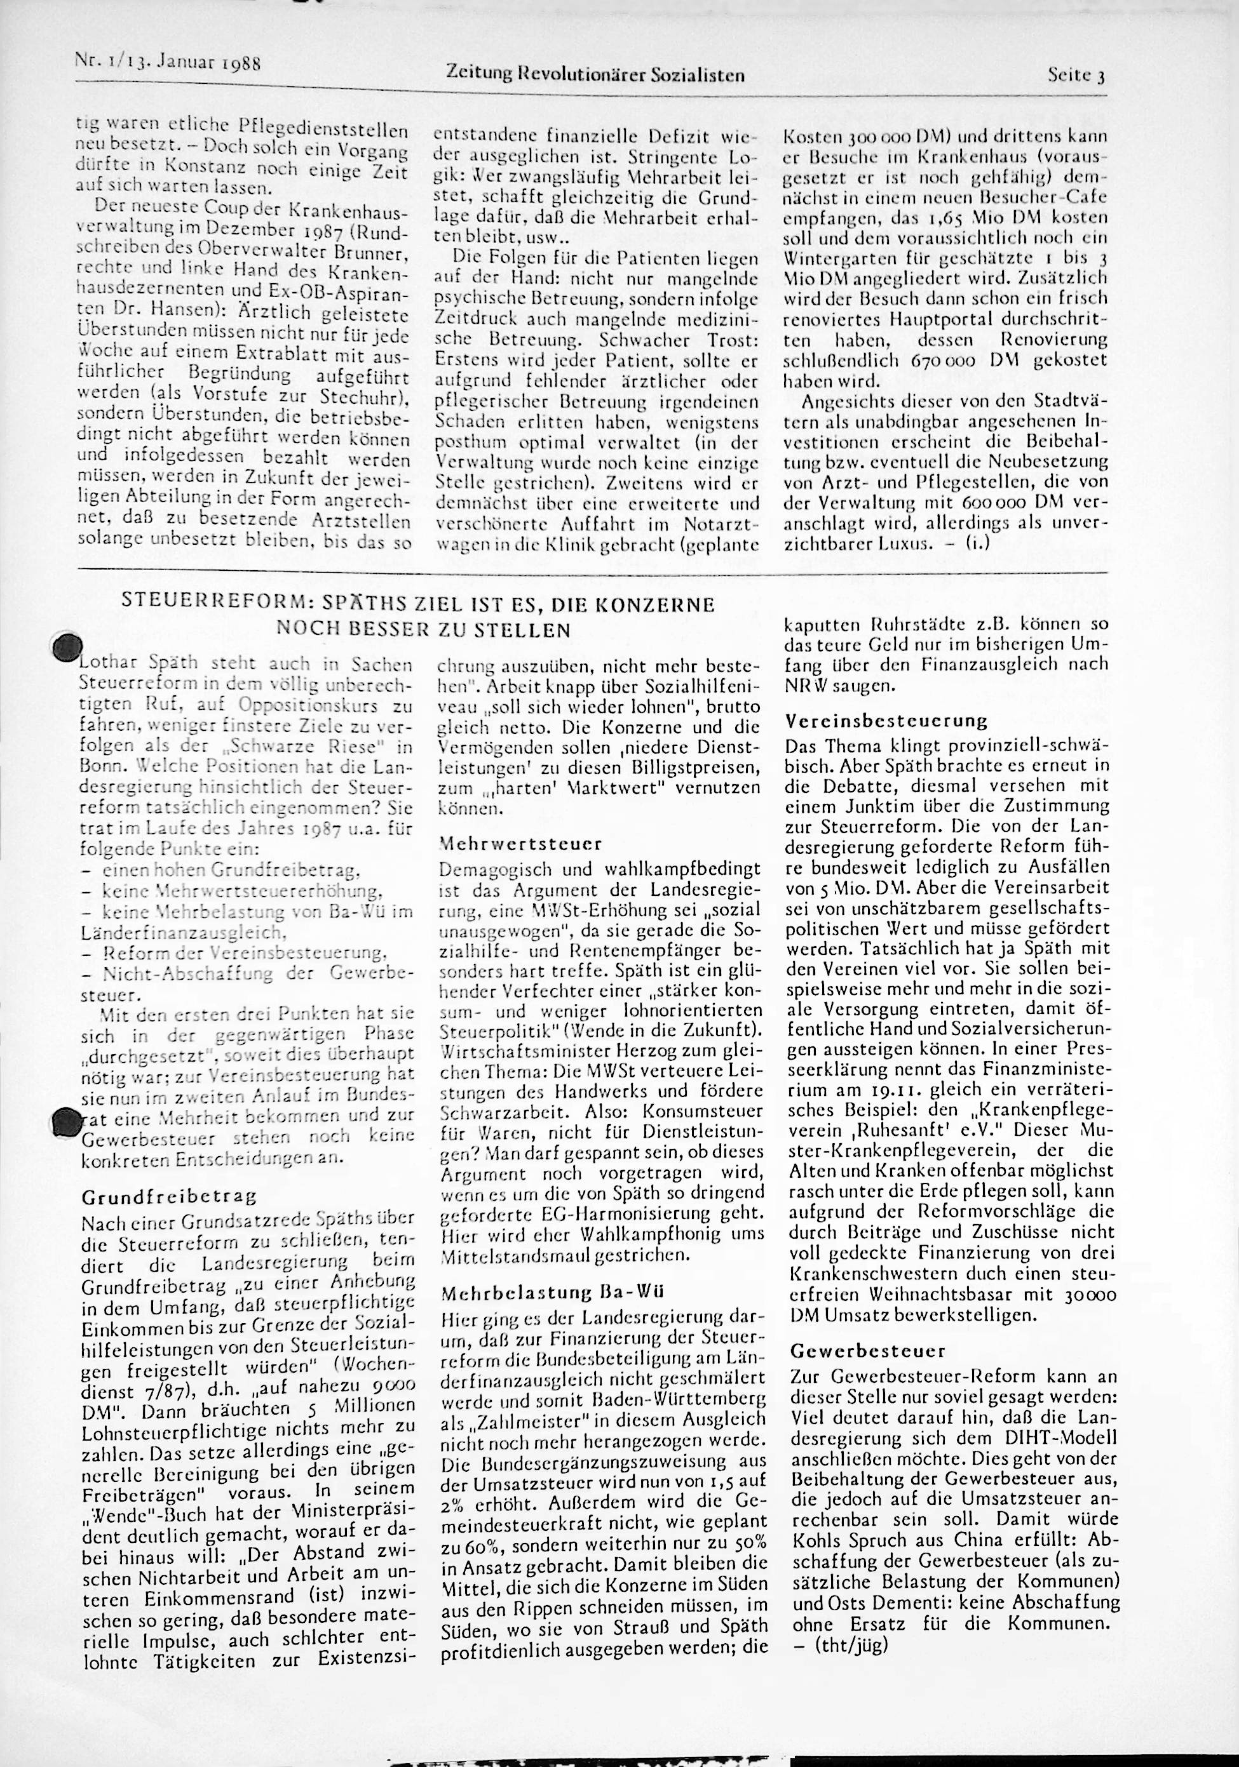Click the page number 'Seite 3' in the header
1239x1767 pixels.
click(x=1076, y=76)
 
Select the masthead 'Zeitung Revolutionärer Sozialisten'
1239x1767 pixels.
click(x=595, y=75)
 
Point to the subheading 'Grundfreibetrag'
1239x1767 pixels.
click(x=168, y=1197)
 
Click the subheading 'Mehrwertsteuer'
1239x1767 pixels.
click(x=520, y=843)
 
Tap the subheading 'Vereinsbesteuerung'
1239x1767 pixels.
click(x=886, y=721)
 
